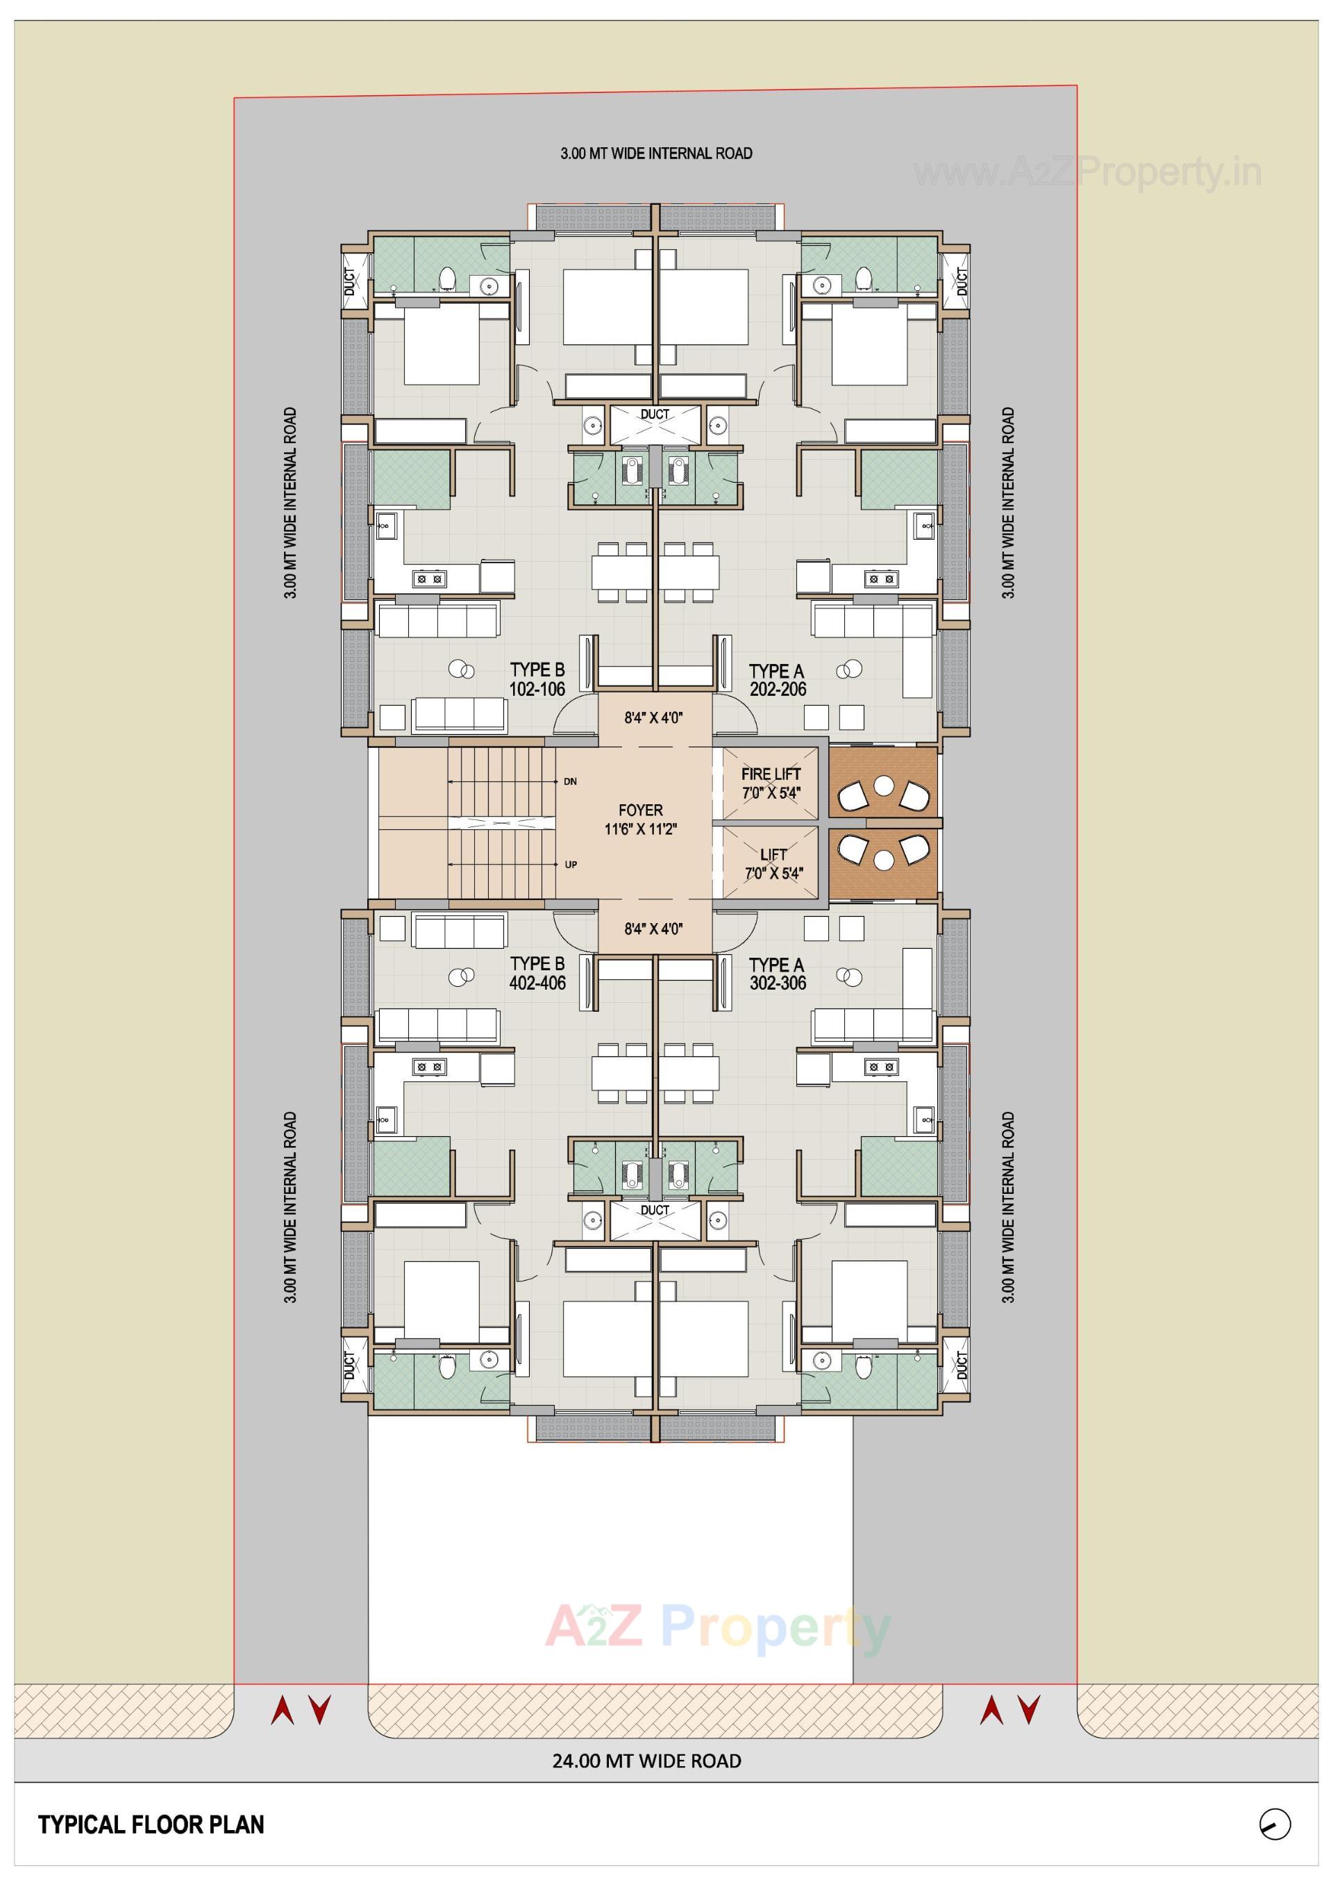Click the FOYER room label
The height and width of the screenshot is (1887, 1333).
(640, 820)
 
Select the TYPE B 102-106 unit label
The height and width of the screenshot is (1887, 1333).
(537, 679)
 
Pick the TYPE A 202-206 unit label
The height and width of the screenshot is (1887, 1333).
(777, 681)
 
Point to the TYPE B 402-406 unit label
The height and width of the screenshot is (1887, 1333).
(537, 972)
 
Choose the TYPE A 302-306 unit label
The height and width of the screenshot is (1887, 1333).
(777, 973)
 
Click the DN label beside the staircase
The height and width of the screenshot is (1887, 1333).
(571, 781)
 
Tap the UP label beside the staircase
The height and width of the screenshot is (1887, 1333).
(571, 865)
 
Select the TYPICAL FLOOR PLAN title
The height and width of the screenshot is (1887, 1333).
(151, 1824)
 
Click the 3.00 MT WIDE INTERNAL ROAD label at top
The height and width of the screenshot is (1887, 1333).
(656, 153)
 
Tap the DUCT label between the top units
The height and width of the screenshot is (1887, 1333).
(655, 414)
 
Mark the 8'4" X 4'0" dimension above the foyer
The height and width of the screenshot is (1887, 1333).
(653, 717)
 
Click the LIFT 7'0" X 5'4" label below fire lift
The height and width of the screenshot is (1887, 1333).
(773, 864)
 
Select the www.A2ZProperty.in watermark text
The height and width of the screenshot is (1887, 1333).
(1087, 173)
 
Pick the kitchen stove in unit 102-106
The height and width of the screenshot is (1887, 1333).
(428, 579)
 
